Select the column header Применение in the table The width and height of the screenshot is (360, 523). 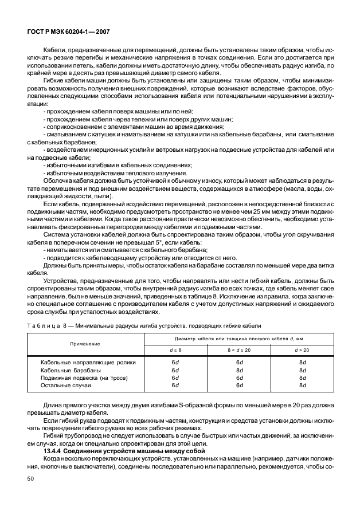[x=85, y=344]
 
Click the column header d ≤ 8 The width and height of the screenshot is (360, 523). [x=174, y=349]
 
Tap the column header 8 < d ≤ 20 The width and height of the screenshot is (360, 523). [x=240, y=349]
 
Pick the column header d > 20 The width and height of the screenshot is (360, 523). [x=302, y=349]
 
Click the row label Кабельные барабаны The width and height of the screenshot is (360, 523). [x=71, y=370]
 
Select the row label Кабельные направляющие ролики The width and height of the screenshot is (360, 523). [x=84, y=363]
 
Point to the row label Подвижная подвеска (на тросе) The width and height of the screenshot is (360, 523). [x=83, y=378]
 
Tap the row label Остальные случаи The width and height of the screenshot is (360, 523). [x=66, y=386]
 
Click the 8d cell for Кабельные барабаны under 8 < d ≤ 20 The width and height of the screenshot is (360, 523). [x=240, y=370]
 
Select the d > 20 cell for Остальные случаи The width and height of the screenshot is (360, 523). [x=302, y=386]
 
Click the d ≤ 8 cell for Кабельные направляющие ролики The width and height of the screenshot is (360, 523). [x=174, y=363]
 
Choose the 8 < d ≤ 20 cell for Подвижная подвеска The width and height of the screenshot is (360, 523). [x=240, y=378]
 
